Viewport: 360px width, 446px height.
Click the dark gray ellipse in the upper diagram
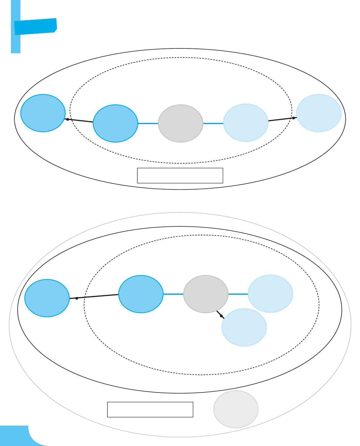(181, 123)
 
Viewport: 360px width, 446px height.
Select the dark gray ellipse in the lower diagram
(206, 294)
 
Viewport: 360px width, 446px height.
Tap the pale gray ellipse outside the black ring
(236, 409)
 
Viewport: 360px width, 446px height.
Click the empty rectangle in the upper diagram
(180, 175)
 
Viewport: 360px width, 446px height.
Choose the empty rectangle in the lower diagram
(150, 409)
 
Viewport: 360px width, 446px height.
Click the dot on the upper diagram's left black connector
(68, 119)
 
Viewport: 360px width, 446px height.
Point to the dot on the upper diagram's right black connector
(293, 118)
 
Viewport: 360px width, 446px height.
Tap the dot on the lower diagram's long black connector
(77, 298)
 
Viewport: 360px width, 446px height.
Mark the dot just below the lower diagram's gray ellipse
(221, 316)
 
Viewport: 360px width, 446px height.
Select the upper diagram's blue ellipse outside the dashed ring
(43, 113)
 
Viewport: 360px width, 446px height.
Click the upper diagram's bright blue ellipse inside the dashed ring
(115, 123)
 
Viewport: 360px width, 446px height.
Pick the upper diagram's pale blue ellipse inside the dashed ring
(246, 123)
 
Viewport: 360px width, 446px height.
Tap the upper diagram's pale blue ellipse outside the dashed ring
(319, 113)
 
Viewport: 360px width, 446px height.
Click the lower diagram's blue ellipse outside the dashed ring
(47, 298)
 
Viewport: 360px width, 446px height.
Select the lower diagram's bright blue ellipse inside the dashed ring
(141, 294)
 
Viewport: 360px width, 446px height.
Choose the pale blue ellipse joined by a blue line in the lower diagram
(270, 293)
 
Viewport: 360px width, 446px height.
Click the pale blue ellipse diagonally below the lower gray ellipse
(244, 327)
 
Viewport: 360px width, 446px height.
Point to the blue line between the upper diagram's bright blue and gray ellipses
(148, 123)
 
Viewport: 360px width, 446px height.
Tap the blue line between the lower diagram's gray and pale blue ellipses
(238, 294)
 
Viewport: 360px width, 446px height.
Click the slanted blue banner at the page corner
(35, 26)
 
